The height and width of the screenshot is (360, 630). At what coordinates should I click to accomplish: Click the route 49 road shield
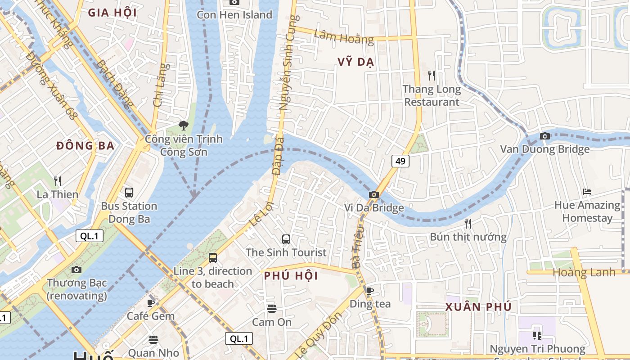[x=400, y=161]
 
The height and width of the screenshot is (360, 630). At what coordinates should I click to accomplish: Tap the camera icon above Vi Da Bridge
[x=373, y=194]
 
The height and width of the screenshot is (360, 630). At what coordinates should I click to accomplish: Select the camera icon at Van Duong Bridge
[x=544, y=136]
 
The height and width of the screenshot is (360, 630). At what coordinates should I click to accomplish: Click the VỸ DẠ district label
[x=355, y=62]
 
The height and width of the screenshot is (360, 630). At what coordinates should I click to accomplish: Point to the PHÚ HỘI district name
[x=291, y=276]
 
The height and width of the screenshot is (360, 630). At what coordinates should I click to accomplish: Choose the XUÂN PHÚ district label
[x=478, y=307]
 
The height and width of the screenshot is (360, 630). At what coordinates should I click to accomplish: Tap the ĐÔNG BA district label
[x=85, y=146]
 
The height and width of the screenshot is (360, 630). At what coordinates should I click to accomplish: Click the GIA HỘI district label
[x=112, y=13]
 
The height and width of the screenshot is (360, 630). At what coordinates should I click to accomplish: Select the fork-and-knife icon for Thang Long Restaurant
[x=432, y=75]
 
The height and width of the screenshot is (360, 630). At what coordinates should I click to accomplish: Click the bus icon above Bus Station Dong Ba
[x=129, y=193]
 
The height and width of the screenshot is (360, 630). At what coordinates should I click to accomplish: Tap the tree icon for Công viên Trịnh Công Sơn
[x=183, y=126]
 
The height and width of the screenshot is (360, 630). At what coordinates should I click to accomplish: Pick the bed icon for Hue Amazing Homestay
[x=587, y=192]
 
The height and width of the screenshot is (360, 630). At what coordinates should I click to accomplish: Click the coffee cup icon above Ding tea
[x=369, y=291]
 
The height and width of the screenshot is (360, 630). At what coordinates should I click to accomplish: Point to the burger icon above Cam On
[x=271, y=309]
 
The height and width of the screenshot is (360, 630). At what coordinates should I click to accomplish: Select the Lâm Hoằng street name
[x=344, y=37]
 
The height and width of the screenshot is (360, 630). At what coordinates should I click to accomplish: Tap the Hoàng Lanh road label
[x=584, y=272]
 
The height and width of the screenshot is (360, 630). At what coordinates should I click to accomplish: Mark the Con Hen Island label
[x=234, y=15]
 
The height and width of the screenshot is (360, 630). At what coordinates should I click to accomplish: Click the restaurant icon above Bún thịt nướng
[x=468, y=223]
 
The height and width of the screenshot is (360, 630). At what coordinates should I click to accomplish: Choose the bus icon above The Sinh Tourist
[x=286, y=239]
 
